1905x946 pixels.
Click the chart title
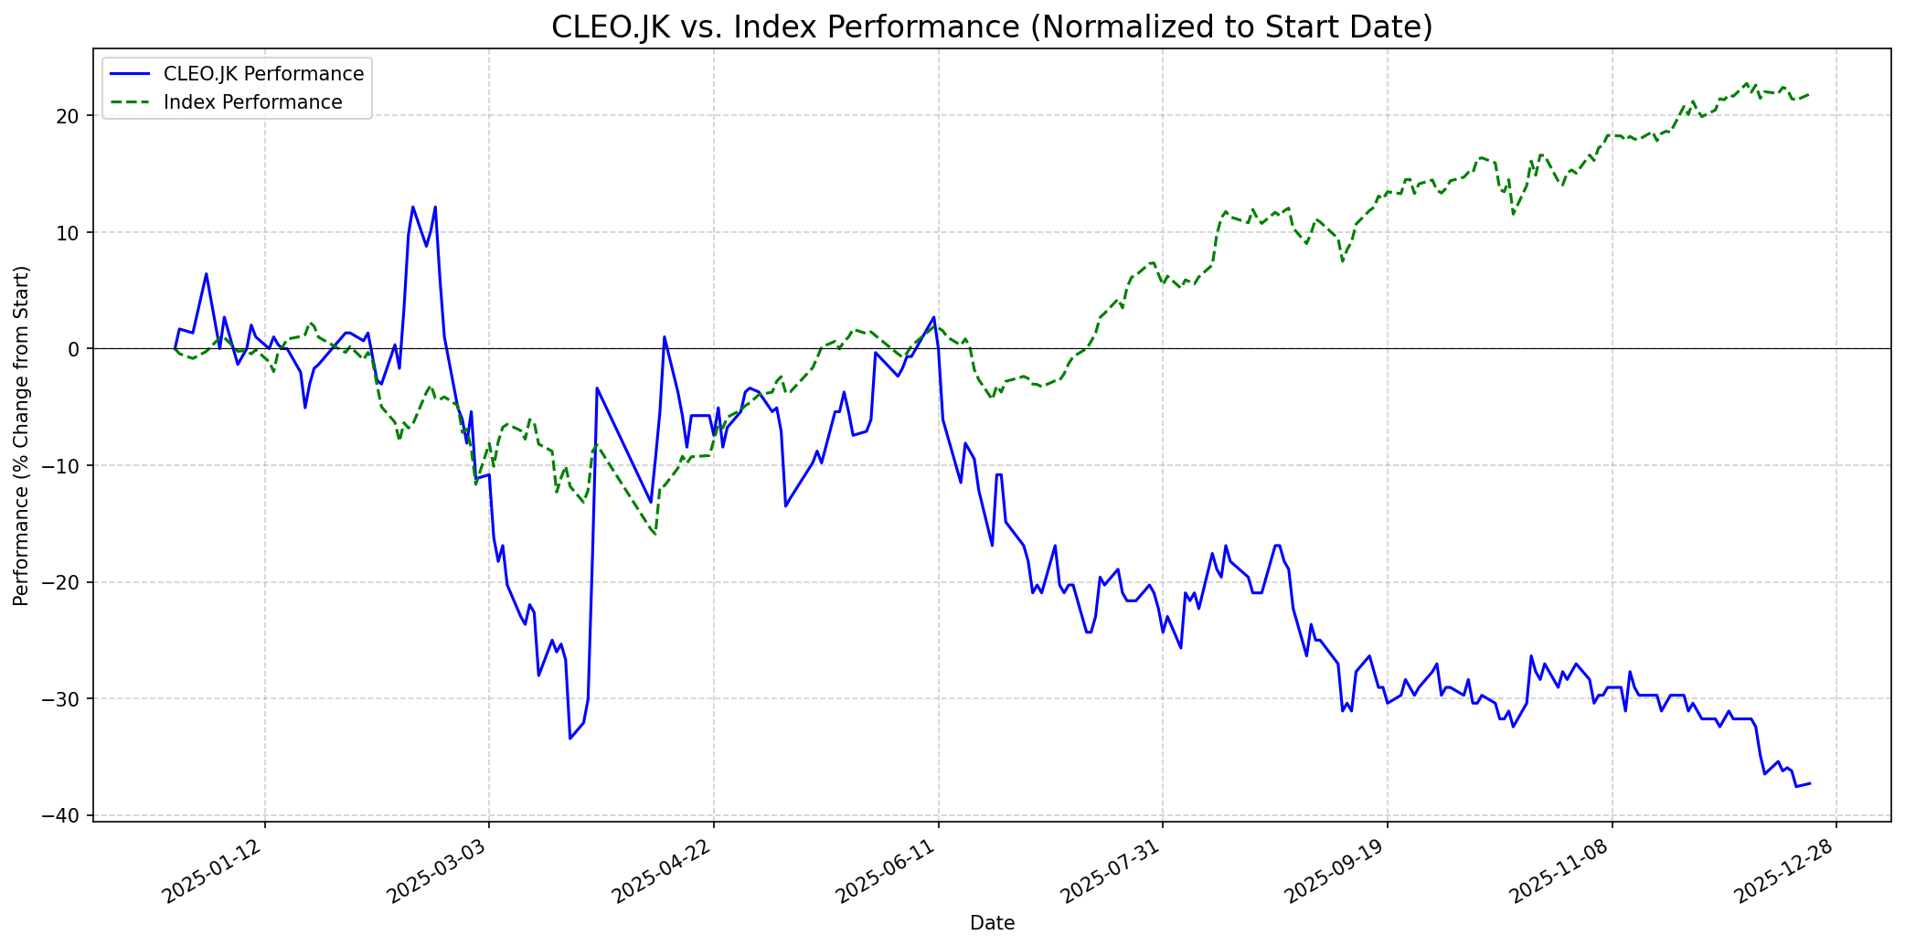[x=992, y=27]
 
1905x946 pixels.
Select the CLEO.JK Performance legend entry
[x=263, y=74]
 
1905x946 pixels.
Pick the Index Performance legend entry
[x=252, y=102]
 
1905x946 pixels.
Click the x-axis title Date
[x=992, y=923]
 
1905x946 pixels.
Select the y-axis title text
[x=22, y=435]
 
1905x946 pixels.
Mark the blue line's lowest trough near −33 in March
[x=570, y=738]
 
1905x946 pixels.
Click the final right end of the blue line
[x=1810, y=783]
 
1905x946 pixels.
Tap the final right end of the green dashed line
[x=1810, y=93]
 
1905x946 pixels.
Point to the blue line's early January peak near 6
[x=207, y=274]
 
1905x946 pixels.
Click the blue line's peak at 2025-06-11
[x=933, y=317]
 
